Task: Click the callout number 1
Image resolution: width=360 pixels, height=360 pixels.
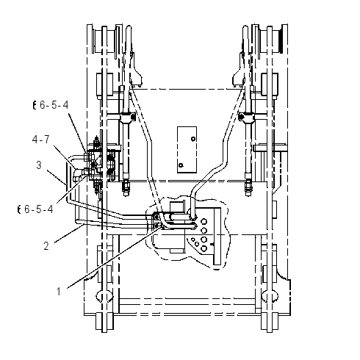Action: tap(59, 292)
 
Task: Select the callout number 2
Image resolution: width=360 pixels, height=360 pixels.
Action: tap(46, 246)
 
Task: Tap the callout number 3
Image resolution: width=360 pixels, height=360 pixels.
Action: tap(39, 165)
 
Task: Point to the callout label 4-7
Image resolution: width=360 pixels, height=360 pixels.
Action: tap(41, 140)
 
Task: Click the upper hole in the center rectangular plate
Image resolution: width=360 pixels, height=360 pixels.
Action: tap(193, 139)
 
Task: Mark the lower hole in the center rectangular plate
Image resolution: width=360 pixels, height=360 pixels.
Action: tap(181, 165)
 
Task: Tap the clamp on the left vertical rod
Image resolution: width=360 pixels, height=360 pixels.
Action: tap(128, 117)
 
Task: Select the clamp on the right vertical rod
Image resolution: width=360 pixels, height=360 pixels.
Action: tap(246, 117)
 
